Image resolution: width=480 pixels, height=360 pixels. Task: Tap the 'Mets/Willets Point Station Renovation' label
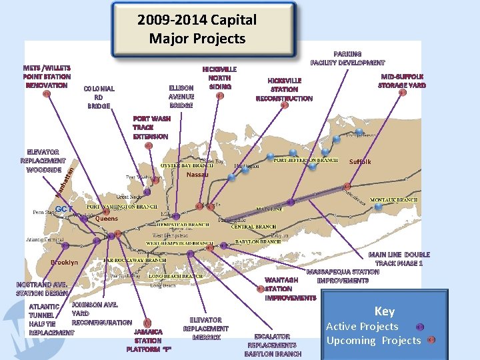[47, 77]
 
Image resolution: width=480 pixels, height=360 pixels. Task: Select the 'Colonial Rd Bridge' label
[99, 97]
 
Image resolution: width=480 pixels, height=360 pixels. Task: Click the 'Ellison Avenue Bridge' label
[181, 96]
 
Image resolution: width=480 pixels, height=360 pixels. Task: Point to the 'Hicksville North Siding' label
[219, 77]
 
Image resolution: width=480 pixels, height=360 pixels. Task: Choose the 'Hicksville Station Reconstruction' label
[284, 89]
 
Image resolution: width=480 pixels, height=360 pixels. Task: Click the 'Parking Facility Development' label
[347, 58]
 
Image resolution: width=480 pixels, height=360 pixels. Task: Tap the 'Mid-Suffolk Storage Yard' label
[401, 81]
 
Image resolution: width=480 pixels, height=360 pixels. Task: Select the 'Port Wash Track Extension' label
[151, 127]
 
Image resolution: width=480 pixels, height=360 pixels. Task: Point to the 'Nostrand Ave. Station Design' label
[42, 289]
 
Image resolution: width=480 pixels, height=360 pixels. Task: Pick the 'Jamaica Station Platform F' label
[148, 340]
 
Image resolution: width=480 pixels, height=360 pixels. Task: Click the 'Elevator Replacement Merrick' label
[205, 329]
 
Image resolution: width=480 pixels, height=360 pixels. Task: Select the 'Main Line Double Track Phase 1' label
[399, 259]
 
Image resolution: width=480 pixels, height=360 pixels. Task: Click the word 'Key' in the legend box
[384, 311]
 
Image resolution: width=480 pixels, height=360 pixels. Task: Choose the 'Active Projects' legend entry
[362, 327]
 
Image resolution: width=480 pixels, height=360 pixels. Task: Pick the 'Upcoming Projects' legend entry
[373, 340]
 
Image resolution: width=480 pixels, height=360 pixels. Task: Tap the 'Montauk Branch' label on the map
[393, 200]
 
